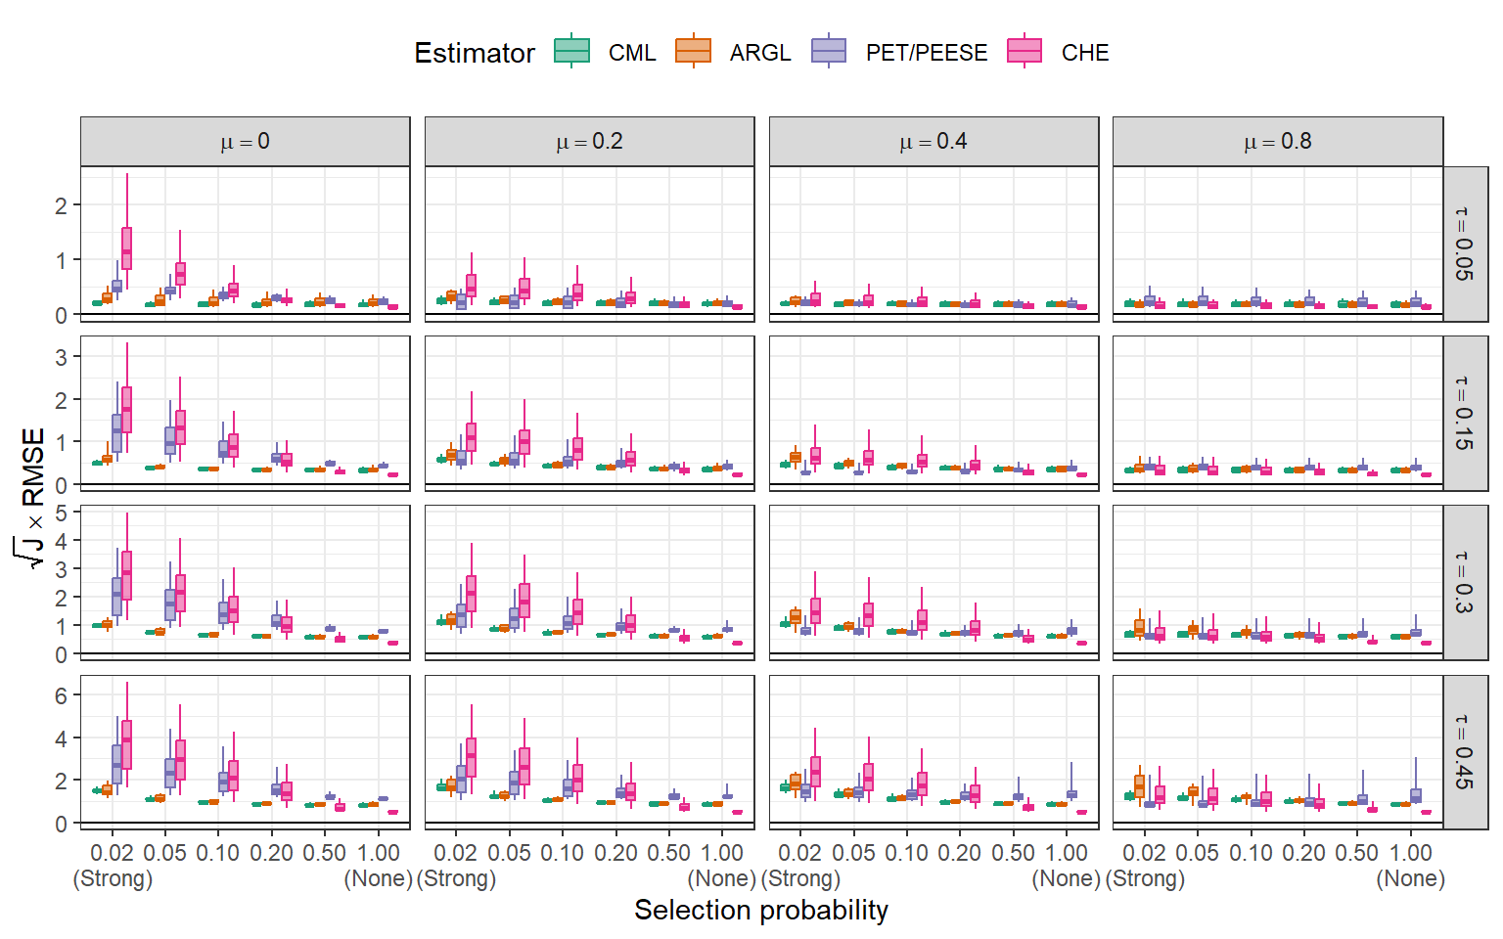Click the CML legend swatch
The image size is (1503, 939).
click(572, 51)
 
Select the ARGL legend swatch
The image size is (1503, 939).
click(693, 51)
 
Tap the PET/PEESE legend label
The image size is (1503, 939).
click(926, 53)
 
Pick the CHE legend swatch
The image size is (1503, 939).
click(1025, 51)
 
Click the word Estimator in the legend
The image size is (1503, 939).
click(475, 53)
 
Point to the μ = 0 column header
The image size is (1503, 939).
click(245, 142)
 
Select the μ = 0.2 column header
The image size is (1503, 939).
click(589, 142)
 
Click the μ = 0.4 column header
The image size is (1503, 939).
click(934, 142)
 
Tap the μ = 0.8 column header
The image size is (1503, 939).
click(1277, 142)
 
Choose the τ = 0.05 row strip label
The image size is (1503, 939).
click(1464, 244)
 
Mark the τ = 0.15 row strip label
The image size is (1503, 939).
click(1464, 413)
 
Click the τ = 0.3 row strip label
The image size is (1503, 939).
click(1464, 583)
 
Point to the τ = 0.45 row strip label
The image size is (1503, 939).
click(1464, 752)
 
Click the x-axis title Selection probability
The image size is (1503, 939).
click(761, 911)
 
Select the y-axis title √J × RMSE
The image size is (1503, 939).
click(32, 498)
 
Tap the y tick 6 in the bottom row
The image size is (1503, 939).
click(62, 696)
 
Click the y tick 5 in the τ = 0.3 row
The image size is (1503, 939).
click(62, 513)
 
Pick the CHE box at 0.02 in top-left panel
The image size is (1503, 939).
click(127, 247)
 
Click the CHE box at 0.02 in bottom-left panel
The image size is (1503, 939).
click(127, 744)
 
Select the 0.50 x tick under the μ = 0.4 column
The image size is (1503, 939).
click(1013, 853)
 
